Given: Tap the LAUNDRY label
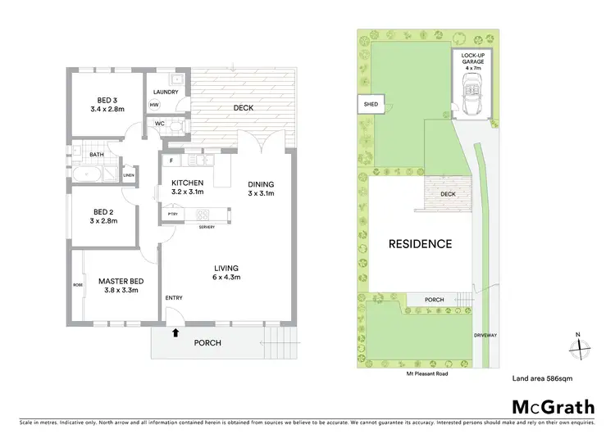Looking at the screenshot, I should [x=166, y=92].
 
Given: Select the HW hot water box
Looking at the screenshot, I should [x=154, y=105].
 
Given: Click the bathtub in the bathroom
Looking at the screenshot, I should [x=85, y=174].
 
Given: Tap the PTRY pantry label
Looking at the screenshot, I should [x=172, y=215].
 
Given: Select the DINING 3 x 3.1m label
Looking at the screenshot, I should [x=261, y=189].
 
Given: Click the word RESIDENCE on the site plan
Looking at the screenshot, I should [x=420, y=243].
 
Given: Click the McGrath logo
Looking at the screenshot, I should [x=553, y=407].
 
